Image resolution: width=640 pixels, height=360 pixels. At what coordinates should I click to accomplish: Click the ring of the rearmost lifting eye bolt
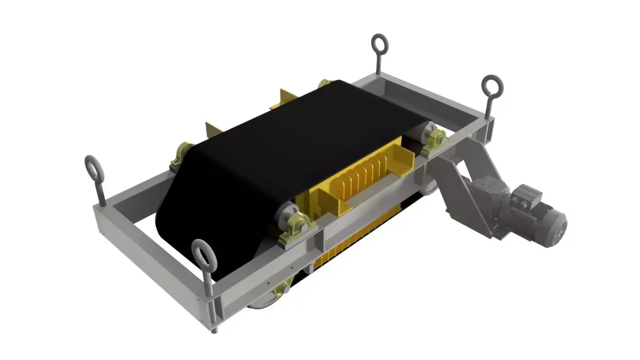pyautogui.click(x=379, y=43)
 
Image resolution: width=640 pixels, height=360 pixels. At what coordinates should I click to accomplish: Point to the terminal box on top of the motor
pyautogui.click(x=526, y=195)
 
